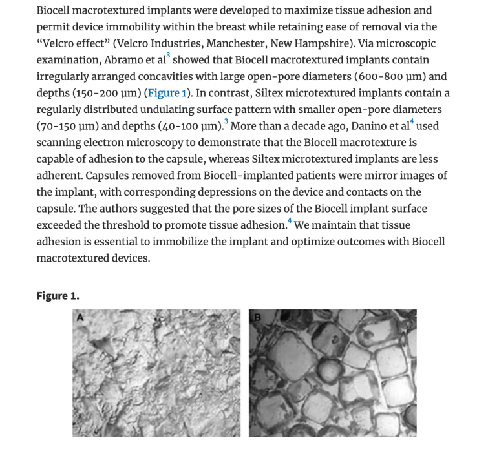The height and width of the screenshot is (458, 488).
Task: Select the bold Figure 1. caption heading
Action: [58, 296]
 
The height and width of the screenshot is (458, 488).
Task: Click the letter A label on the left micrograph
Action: [81, 317]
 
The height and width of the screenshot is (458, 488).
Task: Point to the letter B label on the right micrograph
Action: [256, 317]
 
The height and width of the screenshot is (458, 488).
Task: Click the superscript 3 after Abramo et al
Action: [169, 56]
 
